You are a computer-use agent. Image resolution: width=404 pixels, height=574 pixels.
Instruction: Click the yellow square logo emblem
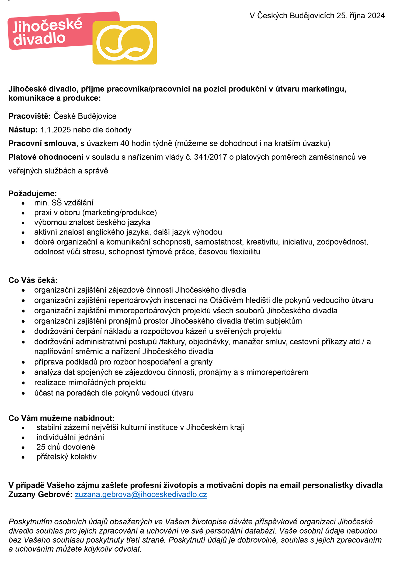coord(124,43)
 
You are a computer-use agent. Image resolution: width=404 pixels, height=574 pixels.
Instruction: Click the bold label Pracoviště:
coord(30,116)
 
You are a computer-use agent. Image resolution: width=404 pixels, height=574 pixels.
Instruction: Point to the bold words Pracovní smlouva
coord(42,143)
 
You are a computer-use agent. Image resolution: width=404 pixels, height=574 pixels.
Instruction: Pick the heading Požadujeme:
coord(33,194)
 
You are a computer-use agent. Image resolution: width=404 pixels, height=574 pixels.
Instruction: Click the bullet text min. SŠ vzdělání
coord(64,203)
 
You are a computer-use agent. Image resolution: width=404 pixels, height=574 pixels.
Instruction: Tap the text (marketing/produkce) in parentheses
coord(120,213)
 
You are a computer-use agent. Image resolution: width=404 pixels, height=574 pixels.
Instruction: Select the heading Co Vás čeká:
coord(33,280)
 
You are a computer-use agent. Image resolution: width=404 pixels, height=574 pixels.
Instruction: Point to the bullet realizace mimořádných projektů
coord(90,383)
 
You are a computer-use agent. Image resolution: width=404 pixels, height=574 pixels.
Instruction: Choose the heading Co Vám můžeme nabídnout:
coord(61,418)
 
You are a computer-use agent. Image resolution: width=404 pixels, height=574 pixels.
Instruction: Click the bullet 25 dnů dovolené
coord(66,447)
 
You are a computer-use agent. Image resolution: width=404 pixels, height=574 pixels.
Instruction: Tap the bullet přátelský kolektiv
coord(66,457)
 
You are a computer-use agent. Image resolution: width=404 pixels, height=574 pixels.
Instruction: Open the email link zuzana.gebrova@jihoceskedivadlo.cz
coord(141,495)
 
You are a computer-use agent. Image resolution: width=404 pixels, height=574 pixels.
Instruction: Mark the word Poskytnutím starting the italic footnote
coord(30,522)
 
